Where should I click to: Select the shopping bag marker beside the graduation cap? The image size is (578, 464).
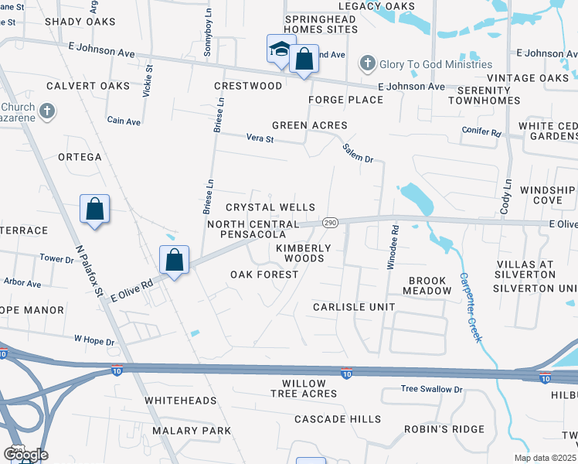(304, 60)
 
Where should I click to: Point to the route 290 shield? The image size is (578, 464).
(330, 222)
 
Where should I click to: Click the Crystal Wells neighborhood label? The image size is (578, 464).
(270, 207)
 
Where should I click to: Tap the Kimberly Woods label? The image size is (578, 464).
(304, 253)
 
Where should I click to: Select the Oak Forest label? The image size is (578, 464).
(264, 275)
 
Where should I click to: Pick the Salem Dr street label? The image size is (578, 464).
(359, 148)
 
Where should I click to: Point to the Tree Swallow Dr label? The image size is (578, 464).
(430, 389)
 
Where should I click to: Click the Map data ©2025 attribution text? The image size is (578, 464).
(546, 458)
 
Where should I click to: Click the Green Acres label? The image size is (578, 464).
(309, 125)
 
